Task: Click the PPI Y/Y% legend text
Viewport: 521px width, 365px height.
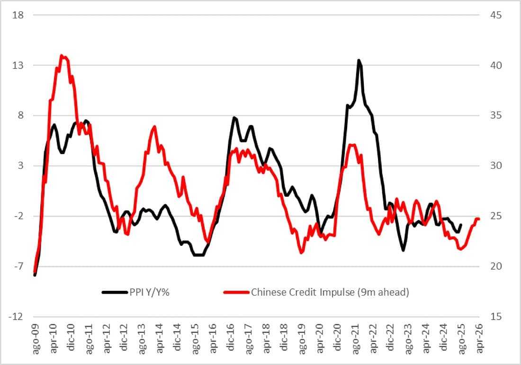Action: pyautogui.click(x=149, y=292)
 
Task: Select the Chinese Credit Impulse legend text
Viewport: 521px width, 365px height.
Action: pyautogui.click(x=330, y=292)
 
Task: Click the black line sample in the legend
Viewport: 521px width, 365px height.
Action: pyautogui.click(x=114, y=292)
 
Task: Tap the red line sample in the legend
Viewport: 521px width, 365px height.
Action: pyautogui.click(x=235, y=292)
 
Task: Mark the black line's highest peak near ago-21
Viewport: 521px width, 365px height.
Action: pyautogui.click(x=359, y=60)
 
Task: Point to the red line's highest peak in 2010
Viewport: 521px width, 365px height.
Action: pyautogui.click(x=62, y=55)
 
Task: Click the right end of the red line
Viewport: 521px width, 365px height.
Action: pyautogui.click(x=479, y=219)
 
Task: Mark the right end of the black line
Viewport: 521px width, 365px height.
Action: pyautogui.click(x=461, y=225)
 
